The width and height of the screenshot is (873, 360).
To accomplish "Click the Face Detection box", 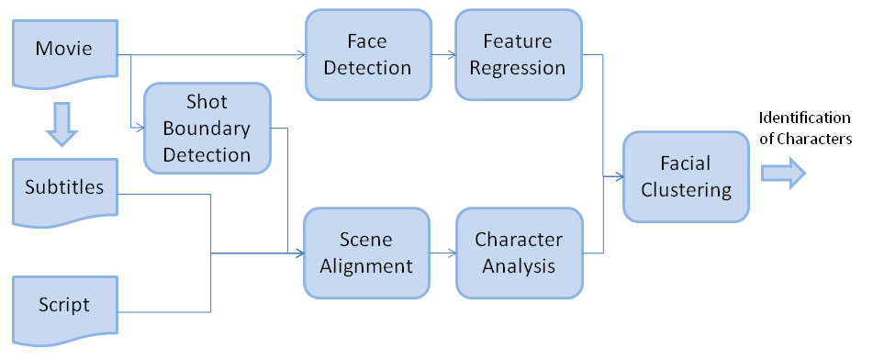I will pyautogui.click(x=366, y=55).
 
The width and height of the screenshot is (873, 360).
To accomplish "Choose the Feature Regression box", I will pyautogui.click(x=519, y=55).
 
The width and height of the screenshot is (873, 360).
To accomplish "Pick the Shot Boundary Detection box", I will pyautogui.click(x=207, y=128).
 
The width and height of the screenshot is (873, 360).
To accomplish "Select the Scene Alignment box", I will pyautogui.click(x=366, y=253).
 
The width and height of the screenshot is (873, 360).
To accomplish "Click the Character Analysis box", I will pyautogui.click(x=519, y=253).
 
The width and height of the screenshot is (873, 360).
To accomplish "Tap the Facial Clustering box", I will pyautogui.click(x=685, y=176).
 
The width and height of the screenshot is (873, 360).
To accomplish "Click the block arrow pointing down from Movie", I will pyautogui.click(x=62, y=125).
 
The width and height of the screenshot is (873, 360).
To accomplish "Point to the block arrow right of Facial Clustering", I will pyautogui.click(x=783, y=173).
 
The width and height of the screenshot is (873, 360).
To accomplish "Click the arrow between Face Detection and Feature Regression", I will pyautogui.click(x=442, y=55).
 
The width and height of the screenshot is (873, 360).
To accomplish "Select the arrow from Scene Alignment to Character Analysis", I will pyautogui.click(x=442, y=253).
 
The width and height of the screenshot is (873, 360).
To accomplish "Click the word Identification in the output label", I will pyautogui.click(x=804, y=118).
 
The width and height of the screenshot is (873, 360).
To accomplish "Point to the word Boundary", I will pyautogui.click(x=207, y=128).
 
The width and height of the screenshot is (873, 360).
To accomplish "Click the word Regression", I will pyautogui.click(x=519, y=67).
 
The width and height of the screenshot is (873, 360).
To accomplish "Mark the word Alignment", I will pyautogui.click(x=366, y=266).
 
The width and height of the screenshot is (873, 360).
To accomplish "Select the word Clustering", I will pyautogui.click(x=685, y=190).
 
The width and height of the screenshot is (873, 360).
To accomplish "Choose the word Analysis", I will pyautogui.click(x=519, y=266).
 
